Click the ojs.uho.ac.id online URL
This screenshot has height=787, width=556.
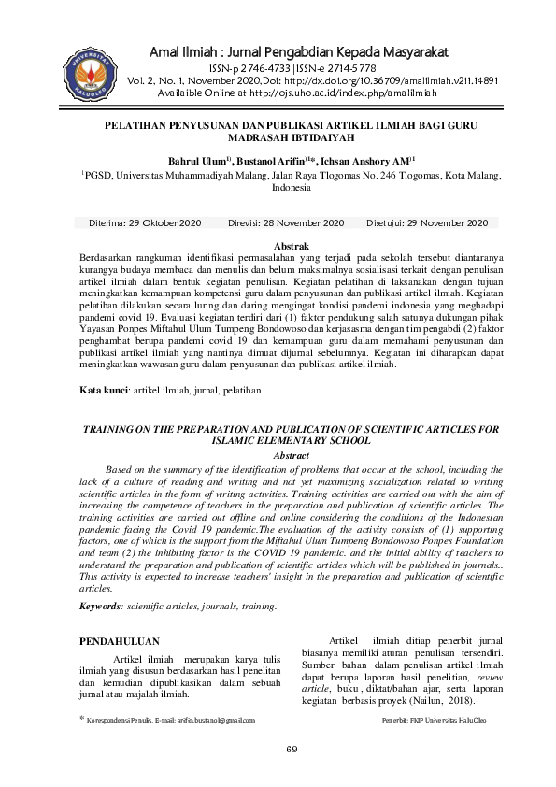pos(333,93)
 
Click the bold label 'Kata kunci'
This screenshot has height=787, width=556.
pos(103,389)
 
